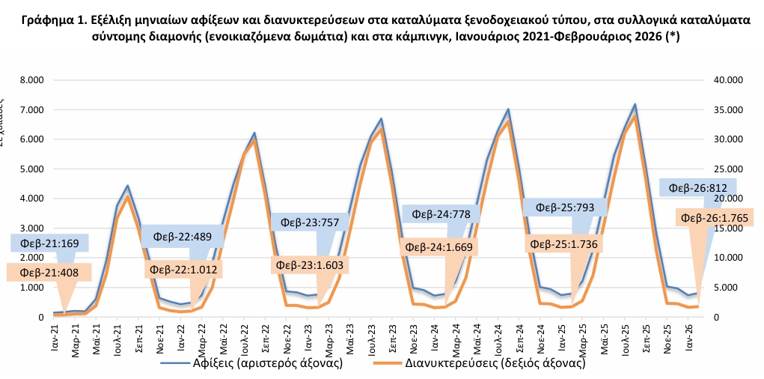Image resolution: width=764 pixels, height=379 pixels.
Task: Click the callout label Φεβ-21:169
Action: pos(50,243)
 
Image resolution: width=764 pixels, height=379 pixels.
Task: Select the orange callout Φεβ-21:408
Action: pos(45,272)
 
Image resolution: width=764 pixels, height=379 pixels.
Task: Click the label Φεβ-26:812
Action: pos(699,188)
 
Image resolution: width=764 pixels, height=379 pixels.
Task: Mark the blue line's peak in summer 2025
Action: pos(635,104)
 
